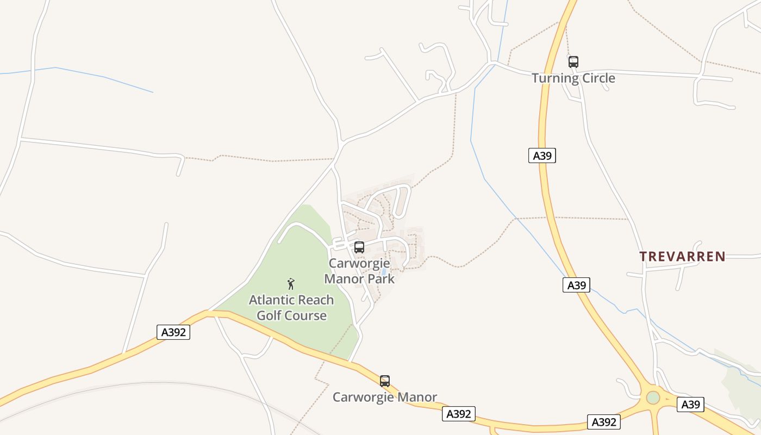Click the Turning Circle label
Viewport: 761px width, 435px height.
click(573, 78)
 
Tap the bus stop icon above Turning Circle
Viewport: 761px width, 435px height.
click(573, 62)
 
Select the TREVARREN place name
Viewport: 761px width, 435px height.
click(682, 257)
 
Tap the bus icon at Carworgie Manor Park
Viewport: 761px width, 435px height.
click(359, 247)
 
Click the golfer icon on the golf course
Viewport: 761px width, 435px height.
click(291, 283)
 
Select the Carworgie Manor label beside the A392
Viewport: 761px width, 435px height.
click(384, 397)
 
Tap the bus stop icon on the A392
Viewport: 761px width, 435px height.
click(385, 381)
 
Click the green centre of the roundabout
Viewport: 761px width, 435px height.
click(653, 397)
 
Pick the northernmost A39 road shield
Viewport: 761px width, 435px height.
click(542, 156)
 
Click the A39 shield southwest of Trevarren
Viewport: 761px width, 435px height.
click(576, 285)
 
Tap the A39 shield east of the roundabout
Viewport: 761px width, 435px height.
click(690, 404)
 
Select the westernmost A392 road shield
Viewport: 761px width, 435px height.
click(173, 332)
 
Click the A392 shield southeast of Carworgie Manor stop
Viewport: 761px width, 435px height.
click(458, 414)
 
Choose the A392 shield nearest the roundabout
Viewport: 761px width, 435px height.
click(603, 422)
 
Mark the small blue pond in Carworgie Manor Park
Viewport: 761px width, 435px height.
click(384, 271)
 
